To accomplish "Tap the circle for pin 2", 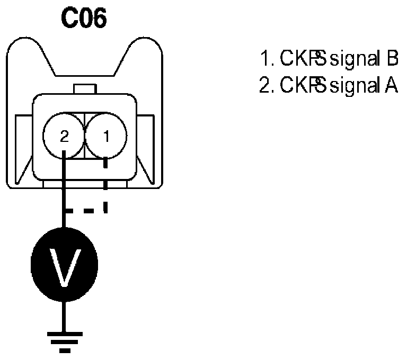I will click(x=64, y=137).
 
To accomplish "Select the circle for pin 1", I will click(x=106, y=137).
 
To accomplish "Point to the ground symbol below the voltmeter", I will click(x=64, y=339).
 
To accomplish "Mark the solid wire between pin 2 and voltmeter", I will click(x=64, y=191).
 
